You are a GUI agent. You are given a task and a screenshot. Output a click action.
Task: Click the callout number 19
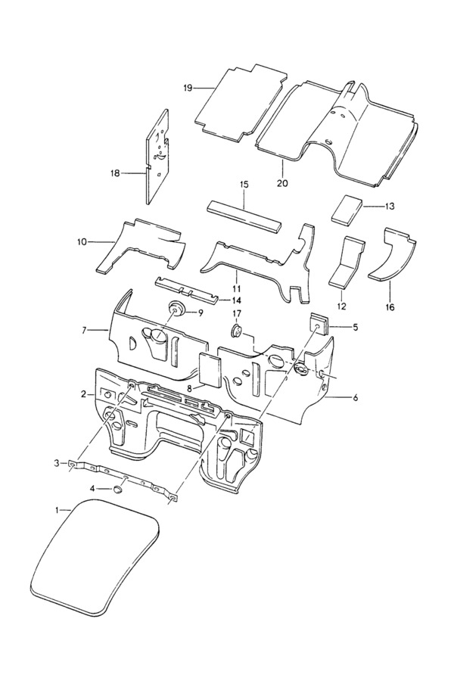click(x=188, y=89)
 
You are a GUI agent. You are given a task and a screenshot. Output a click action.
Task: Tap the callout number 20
click(x=282, y=183)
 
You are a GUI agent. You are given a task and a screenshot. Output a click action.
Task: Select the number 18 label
click(x=115, y=173)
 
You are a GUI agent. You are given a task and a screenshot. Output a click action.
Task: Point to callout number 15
click(x=244, y=185)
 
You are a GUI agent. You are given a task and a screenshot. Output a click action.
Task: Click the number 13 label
click(x=390, y=207)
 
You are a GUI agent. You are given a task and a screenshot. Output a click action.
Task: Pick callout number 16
click(x=390, y=307)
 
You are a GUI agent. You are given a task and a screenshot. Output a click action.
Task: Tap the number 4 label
click(x=92, y=489)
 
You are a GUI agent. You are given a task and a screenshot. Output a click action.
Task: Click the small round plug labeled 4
click(x=117, y=490)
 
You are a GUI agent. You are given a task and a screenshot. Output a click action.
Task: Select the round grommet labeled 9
click(x=176, y=309)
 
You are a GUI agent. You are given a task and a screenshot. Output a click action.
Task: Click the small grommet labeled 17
click(x=236, y=331)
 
